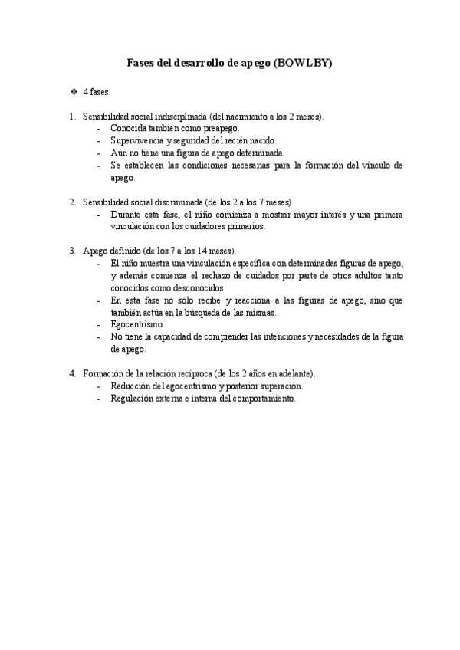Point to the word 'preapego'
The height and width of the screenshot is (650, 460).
click(x=221, y=129)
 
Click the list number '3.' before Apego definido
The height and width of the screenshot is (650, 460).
click(x=72, y=251)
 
